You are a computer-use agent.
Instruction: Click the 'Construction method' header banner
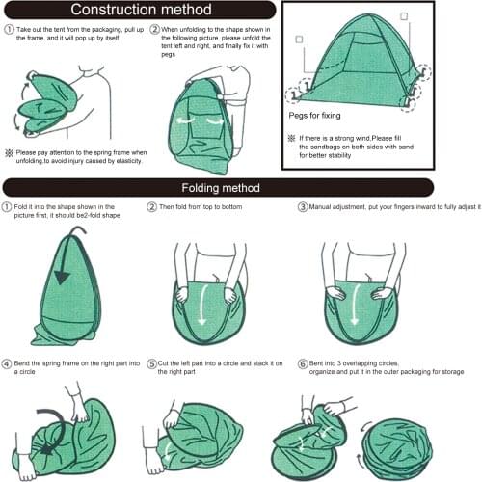138,12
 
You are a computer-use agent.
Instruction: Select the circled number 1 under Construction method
9,30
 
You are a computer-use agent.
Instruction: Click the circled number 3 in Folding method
302,207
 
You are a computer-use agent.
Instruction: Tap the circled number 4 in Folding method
9,361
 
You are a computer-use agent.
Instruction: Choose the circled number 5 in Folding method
152,361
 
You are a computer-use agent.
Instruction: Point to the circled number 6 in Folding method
302,361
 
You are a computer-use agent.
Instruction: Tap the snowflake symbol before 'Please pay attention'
9,153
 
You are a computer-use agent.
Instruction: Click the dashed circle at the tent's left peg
308,88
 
